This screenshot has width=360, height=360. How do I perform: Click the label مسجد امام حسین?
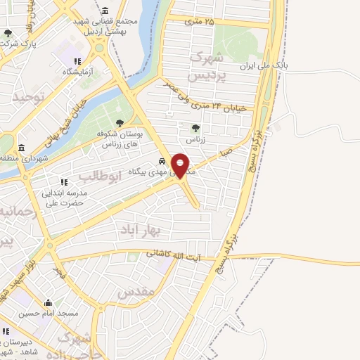(x=49, y=313)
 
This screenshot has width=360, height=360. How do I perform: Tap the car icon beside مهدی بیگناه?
(x=165, y=160)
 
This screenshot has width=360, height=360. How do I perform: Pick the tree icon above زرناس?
(x=195, y=128)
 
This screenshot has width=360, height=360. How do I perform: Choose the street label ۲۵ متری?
(x=199, y=22)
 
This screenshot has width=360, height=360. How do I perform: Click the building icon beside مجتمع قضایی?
(x=105, y=12)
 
